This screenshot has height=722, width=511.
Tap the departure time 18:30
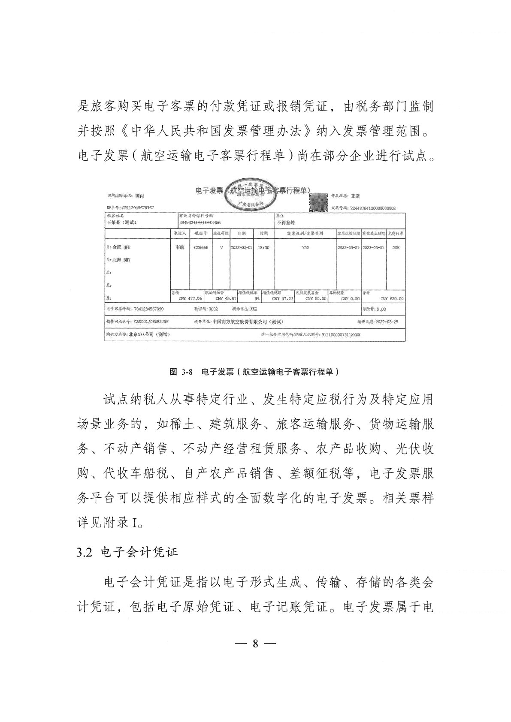pos(263,248)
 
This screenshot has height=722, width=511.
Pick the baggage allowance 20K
pos(396,248)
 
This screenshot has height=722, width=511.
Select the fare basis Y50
pos(305,248)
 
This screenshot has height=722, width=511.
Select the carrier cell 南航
pos(180,248)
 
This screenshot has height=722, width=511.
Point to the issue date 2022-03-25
pos(387,322)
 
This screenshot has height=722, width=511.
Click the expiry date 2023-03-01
pos(373,248)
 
